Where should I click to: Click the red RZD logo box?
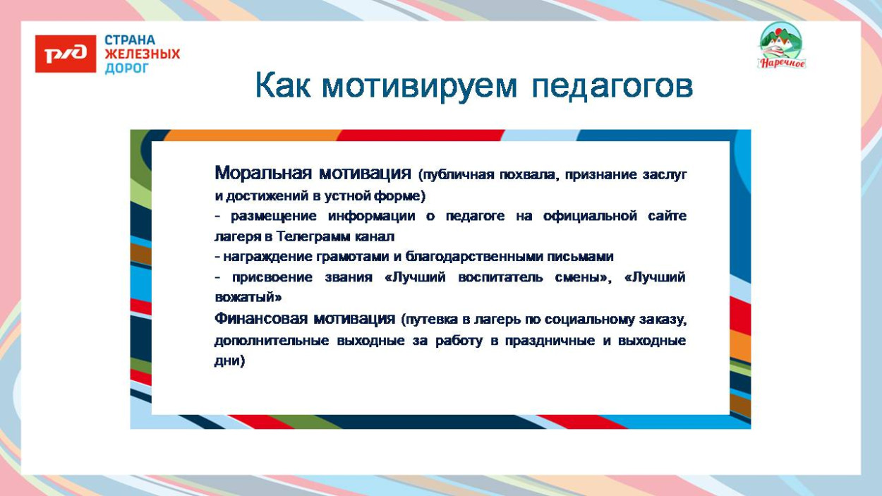point(66,54)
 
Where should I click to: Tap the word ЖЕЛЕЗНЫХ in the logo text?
point(142,54)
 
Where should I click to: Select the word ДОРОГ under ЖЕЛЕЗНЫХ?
point(126,68)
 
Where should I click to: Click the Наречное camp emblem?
point(781,46)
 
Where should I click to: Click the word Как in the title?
point(282,86)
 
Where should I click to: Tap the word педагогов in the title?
point(612,86)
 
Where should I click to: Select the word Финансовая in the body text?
point(261,319)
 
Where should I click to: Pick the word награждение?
point(263,257)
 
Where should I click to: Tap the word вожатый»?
point(248,298)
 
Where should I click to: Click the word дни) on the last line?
point(229,361)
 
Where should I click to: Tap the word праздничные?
point(551,340)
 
